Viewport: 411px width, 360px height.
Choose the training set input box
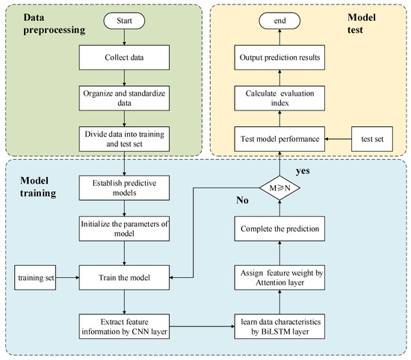tap(34, 279)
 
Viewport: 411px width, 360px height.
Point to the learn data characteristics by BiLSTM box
tap(280, 325)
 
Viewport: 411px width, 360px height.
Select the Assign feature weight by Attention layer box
tap(280, 279)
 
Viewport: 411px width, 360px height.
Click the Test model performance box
tap(280, 137)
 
